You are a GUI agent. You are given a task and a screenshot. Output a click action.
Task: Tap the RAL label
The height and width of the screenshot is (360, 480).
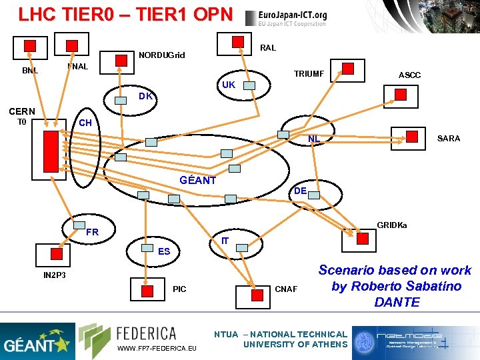267,48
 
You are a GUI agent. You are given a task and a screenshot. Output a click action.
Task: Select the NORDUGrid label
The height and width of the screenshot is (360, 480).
161,55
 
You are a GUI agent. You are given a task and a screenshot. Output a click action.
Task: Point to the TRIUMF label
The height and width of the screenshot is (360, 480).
309,74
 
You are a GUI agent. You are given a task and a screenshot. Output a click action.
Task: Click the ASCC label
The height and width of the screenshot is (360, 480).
409,75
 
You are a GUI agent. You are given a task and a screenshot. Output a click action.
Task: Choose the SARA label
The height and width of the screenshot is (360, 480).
448,138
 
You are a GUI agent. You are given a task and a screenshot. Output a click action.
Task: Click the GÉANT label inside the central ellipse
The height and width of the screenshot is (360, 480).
198,180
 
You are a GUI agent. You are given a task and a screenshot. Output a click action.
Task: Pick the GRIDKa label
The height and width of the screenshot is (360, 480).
392,225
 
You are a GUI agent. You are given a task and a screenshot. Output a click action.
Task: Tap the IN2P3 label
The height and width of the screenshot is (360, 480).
55,275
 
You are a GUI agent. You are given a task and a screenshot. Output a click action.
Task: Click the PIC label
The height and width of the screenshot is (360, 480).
179,289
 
